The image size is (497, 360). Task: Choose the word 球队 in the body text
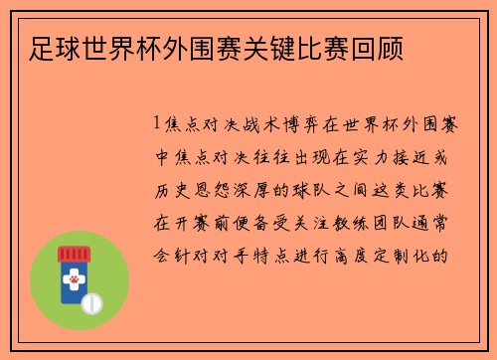click(317, 189)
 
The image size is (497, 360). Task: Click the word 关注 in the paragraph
click(296, 221)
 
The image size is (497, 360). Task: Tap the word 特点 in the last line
click(274, 253)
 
